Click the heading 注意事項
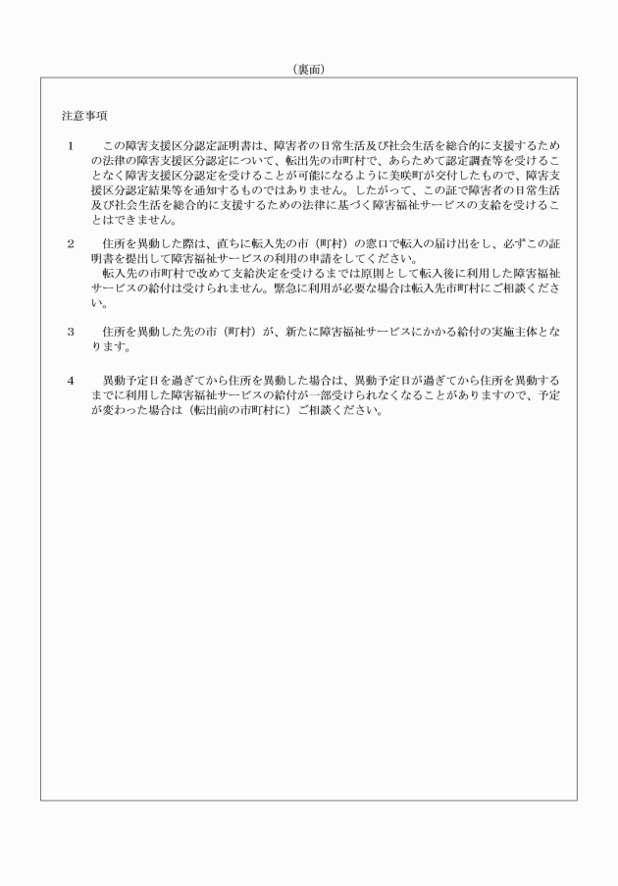coord(83,115)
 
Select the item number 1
coord(71,146)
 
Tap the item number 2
coord(71,241)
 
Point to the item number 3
coord(71,332)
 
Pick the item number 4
coord(71,379)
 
